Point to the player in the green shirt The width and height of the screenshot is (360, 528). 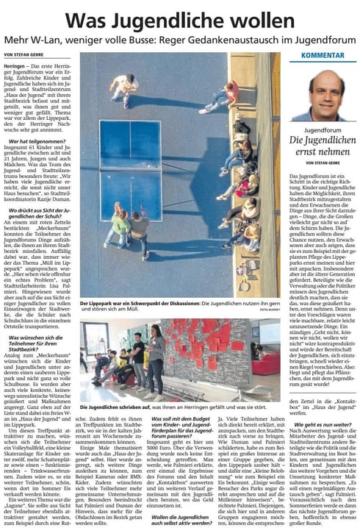coord(118,224)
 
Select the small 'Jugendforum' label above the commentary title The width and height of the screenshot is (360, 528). coord(323,129)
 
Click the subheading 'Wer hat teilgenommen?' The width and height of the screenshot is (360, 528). coord(35,140)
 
